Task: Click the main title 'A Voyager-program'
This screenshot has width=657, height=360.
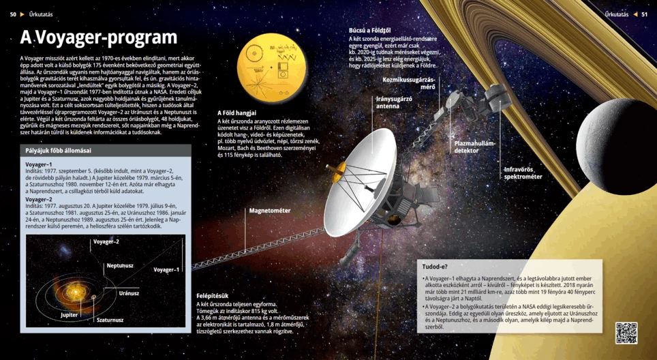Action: click(98, 37)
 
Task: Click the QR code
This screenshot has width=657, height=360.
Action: click(626, 333)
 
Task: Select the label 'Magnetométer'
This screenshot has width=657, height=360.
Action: click(270, 211)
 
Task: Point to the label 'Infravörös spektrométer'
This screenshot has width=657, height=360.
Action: click(523, 172)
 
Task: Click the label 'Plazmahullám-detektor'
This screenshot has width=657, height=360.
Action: click(475, 147)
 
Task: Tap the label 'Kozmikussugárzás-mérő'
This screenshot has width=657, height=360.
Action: click(408, 83)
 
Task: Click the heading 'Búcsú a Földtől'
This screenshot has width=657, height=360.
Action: click(369, 31)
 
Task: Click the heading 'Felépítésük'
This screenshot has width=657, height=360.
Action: click(212, 296)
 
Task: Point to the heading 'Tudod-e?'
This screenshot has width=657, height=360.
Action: click(435, 267)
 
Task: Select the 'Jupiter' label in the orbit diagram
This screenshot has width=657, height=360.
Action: click(69, 315)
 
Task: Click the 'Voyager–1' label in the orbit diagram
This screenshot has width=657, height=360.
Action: click(166, 269)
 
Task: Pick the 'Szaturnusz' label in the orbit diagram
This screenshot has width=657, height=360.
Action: click(110, 320)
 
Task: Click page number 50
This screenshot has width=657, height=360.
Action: click(13, 14)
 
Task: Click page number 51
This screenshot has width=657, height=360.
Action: click(644, 14)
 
